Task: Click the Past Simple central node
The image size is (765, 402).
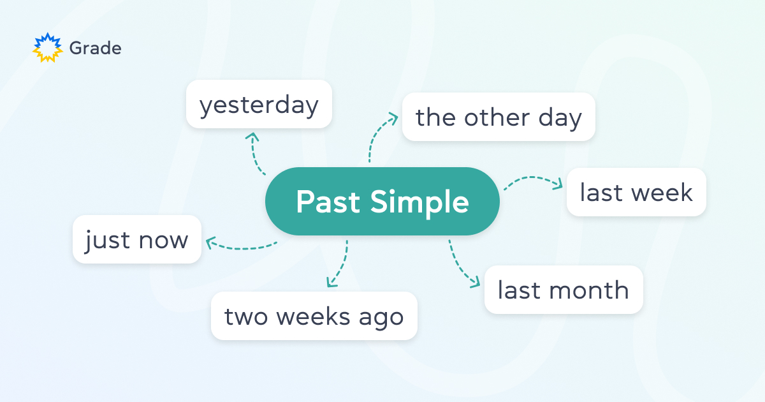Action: [382, 202]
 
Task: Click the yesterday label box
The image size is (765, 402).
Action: [259, 104]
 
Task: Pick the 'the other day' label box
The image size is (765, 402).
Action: [499, 117]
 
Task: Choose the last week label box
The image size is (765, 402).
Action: [636, 192]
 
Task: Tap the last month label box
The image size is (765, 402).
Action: [564, 290]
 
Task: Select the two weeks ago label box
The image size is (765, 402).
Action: [314, 316]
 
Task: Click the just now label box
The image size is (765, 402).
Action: [137, 240]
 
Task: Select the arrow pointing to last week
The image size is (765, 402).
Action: [533, 181]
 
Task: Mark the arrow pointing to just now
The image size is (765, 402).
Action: [239, 245]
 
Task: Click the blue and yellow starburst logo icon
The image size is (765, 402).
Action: [48, 48]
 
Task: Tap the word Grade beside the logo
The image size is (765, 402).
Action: [95, 48]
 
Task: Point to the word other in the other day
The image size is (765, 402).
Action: [497, 117]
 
